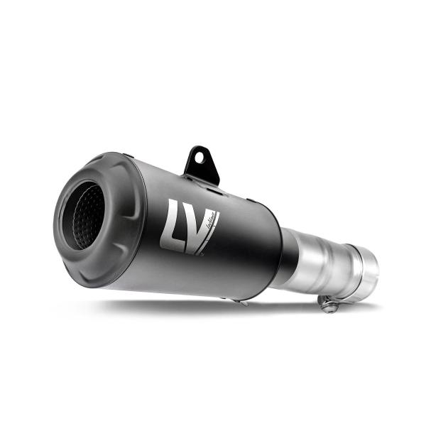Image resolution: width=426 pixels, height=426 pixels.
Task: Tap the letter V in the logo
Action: (x=201, y=229)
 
